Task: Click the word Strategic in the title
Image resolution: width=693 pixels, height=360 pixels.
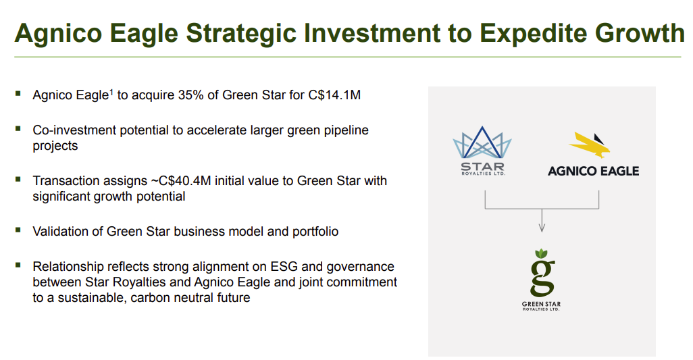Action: pyautogui.click(x=241, y=34)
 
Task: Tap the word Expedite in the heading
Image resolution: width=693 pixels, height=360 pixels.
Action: pyautogui.click(x=534, y=34)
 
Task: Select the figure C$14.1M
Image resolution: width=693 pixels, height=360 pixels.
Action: pyautogui.click(x=334, y=95)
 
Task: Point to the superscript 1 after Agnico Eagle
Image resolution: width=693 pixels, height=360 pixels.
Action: pyautogui.click(x=111, y=92)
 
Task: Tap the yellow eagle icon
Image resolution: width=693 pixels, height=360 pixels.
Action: pyautogui.click(x=590, y=145)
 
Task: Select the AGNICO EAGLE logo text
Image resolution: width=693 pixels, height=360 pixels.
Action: pyautogui.click(x=593, y=171)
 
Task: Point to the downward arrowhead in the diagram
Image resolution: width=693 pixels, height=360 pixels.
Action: pyautogui.click(x=542, y=228)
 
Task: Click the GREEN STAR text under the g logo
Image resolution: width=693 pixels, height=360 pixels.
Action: pyautogui.click(x=542, y=304)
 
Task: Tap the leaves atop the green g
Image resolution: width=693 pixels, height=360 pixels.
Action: pyautogui.click(x=542, y=253)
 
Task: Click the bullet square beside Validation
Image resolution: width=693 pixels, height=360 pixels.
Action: pyautogui.click(x=18, y=230)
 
